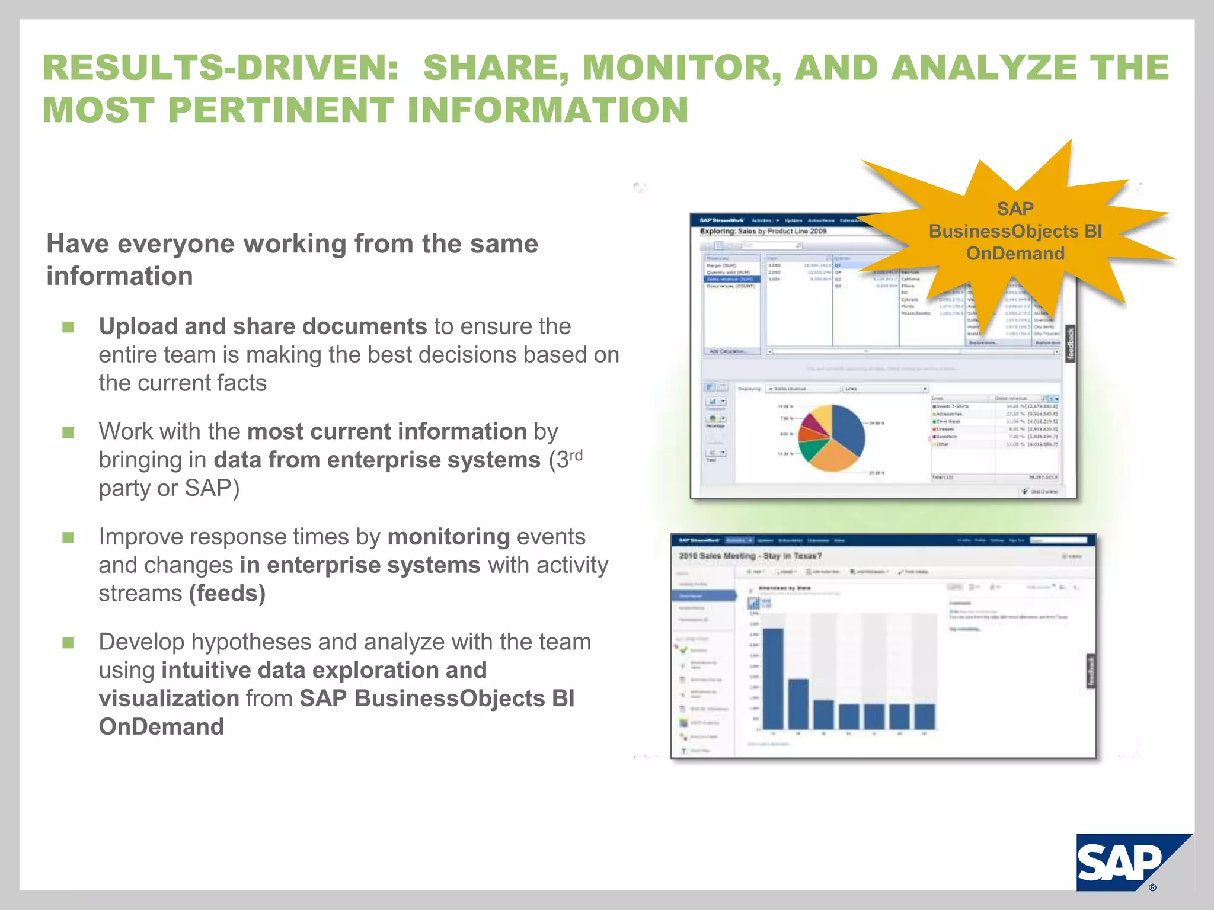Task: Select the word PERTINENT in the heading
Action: pyautogui.click(x=281, y=110)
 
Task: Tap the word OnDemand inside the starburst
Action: pyautogui.click(x=1015, y=254)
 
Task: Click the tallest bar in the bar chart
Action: pyautogui.click(x=773, y=678)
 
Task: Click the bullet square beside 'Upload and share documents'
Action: pyautogui.click(x=68, y=327)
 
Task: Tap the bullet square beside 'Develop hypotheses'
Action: pyautogui.click(x=68, y=643)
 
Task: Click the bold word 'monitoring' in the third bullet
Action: pyautogui.click(x=449, y=537)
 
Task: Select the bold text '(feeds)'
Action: pyautogui.click(x=227, y=594)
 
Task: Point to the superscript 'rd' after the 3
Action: pyautogui.click(x=576, y=455)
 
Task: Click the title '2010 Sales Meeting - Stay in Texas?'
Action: pyautogui.click(x=750, y=556)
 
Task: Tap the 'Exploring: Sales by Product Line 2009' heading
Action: pyautogui.click(x=763, y=231)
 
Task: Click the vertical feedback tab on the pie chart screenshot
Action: pyautogui.click(x=1070, y=344)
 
